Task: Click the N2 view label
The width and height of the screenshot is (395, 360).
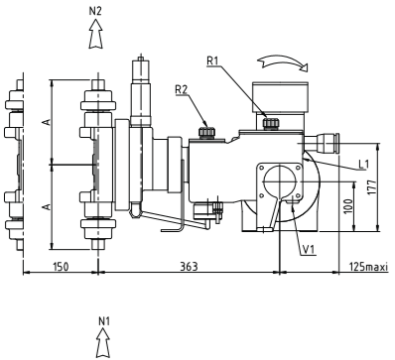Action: pyautogui.click(x=95, y=11)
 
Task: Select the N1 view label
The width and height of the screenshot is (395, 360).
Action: pyautogui.click(x=104, y=321)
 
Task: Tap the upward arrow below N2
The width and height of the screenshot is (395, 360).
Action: pyautogui.click(x=95, y=34)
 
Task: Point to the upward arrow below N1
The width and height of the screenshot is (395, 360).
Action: pyautogui.click(x=103, y=343)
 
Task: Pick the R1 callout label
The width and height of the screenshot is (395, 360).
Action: pyautogui.click(x=212, y=60)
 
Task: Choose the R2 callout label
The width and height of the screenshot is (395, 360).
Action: pyautogui.click(x=182, y=89)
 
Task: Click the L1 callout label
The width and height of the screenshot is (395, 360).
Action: pyautogui.click(x=364, y=164)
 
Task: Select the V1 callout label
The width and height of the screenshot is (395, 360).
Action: pyautogui.click(x=309, y=250)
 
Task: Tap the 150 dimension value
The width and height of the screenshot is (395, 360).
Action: pyautogui.click(x=61, y=266)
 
